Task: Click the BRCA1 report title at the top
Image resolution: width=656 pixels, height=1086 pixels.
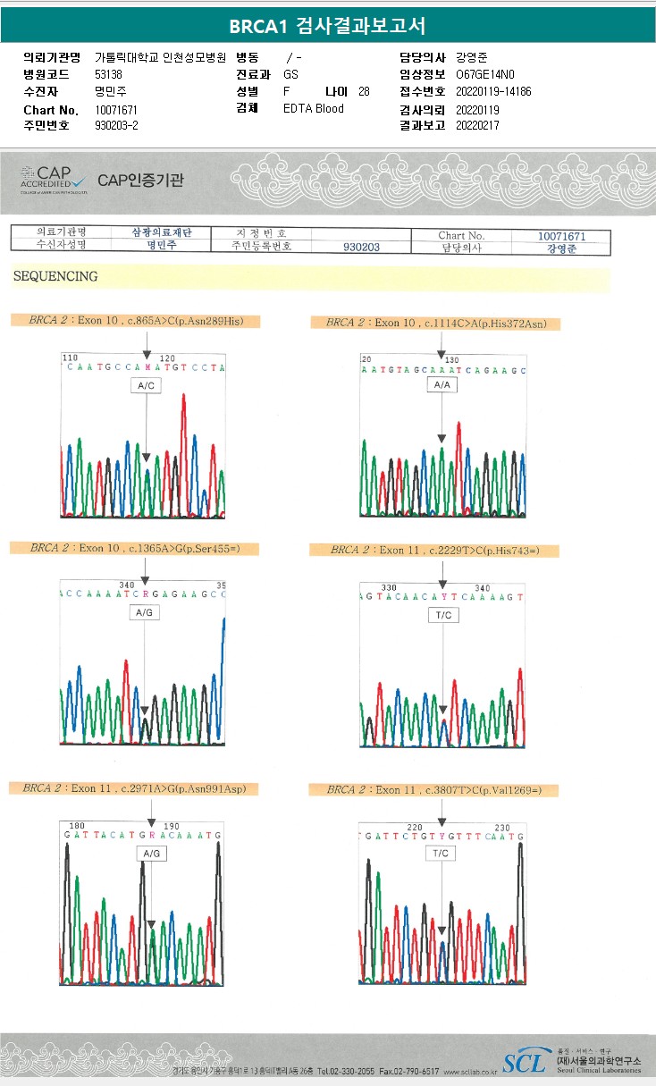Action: pos(327,25)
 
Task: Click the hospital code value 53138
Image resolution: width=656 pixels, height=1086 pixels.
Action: pos(109,74)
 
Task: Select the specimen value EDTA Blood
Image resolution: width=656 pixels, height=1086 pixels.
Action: pos(314,109)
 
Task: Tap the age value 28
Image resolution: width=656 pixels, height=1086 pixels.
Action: pos(364,92)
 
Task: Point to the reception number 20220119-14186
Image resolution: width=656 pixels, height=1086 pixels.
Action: pos(493,92)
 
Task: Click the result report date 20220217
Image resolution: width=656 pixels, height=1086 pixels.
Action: pos(477,126)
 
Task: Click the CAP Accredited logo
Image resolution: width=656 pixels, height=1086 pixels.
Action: pos(53,179)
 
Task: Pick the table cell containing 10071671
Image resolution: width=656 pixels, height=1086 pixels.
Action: pos(561,236)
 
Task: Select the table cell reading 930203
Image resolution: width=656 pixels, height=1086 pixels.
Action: pos(361,248)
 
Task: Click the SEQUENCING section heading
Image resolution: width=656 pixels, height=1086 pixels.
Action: pos(55,277)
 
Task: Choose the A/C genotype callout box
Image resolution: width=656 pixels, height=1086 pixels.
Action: pos(146,385)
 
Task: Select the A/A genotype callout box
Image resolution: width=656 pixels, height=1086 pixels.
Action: pos(442,384)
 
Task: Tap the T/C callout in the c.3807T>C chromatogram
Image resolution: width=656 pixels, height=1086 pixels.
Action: pos(442,854)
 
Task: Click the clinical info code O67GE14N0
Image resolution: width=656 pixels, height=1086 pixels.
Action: pos(485,74)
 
